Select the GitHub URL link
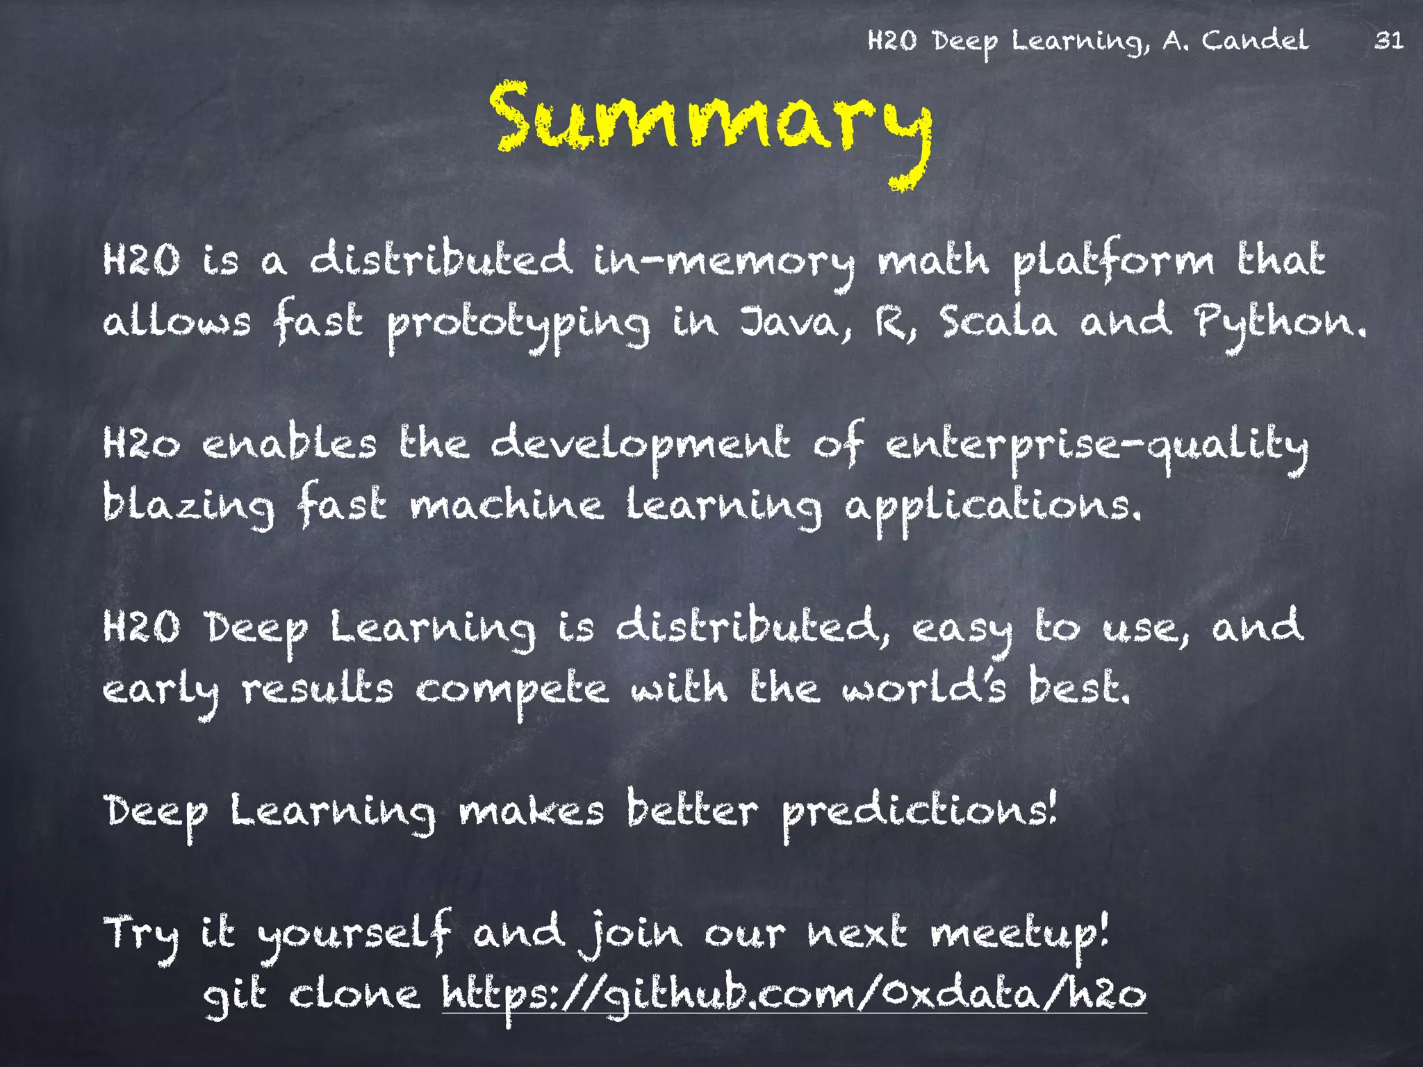(x=793, y=995)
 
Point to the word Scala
(x=998, y=323)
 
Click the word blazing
(x=189, y=506)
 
